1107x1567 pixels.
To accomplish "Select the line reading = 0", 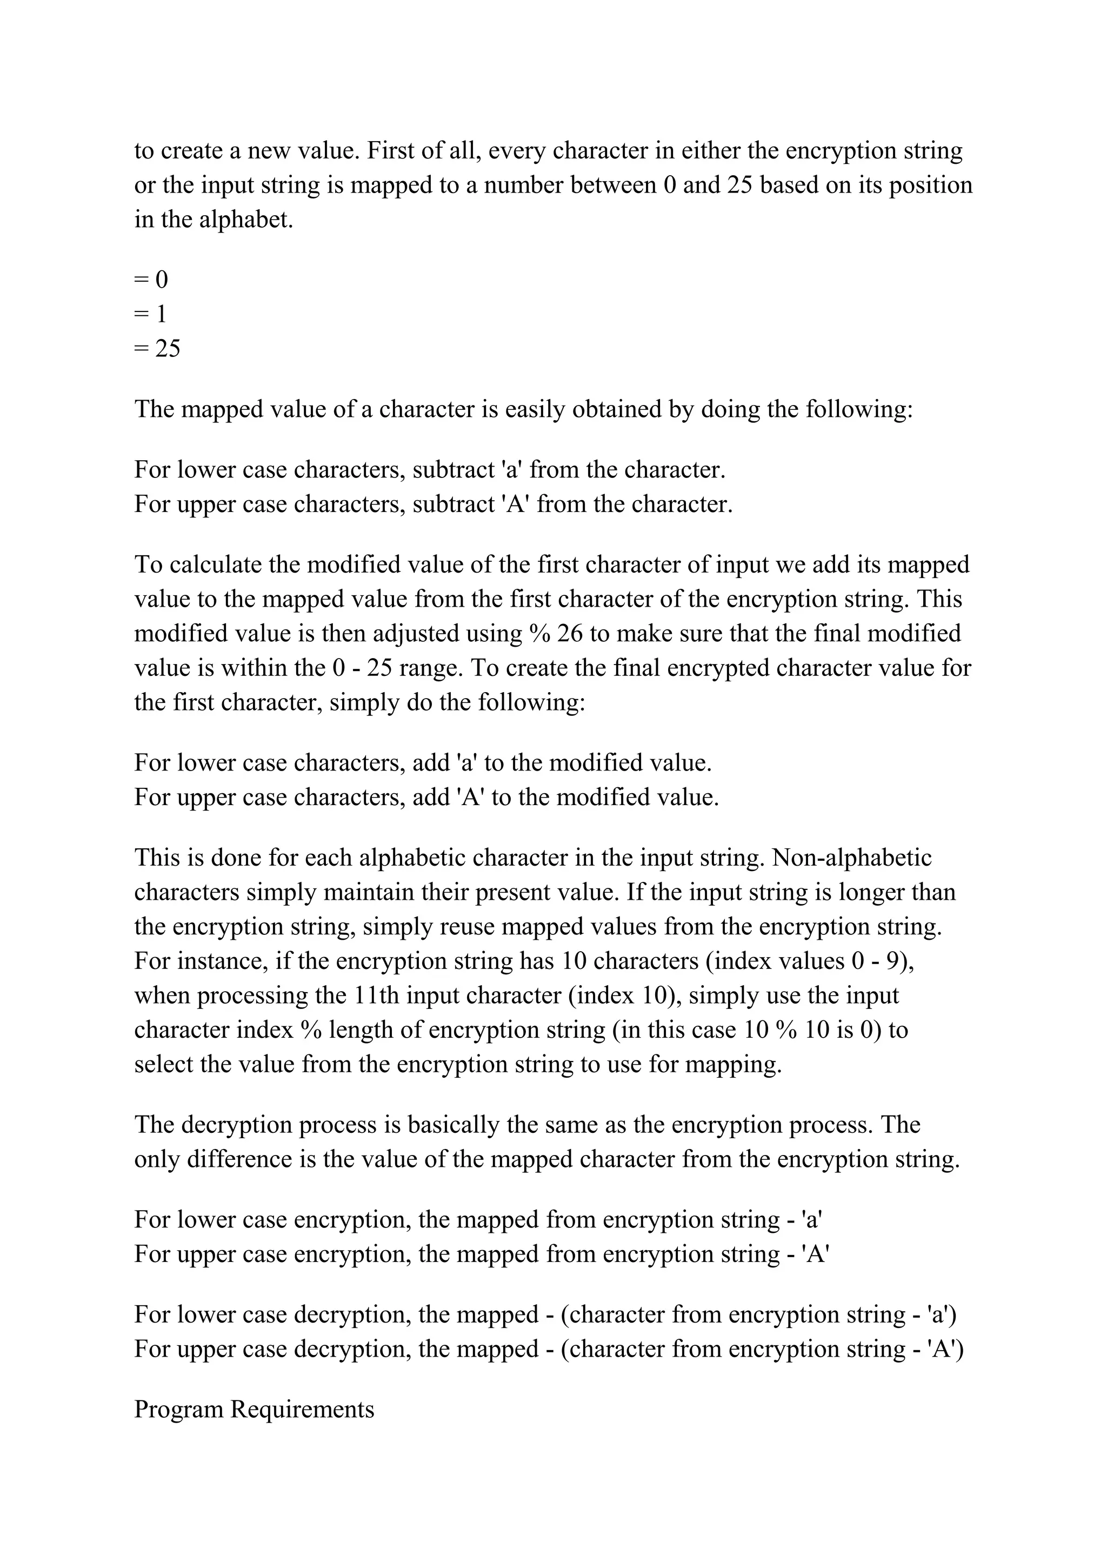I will click(151, 279).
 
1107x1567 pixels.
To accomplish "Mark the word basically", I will click(454, 1125).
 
